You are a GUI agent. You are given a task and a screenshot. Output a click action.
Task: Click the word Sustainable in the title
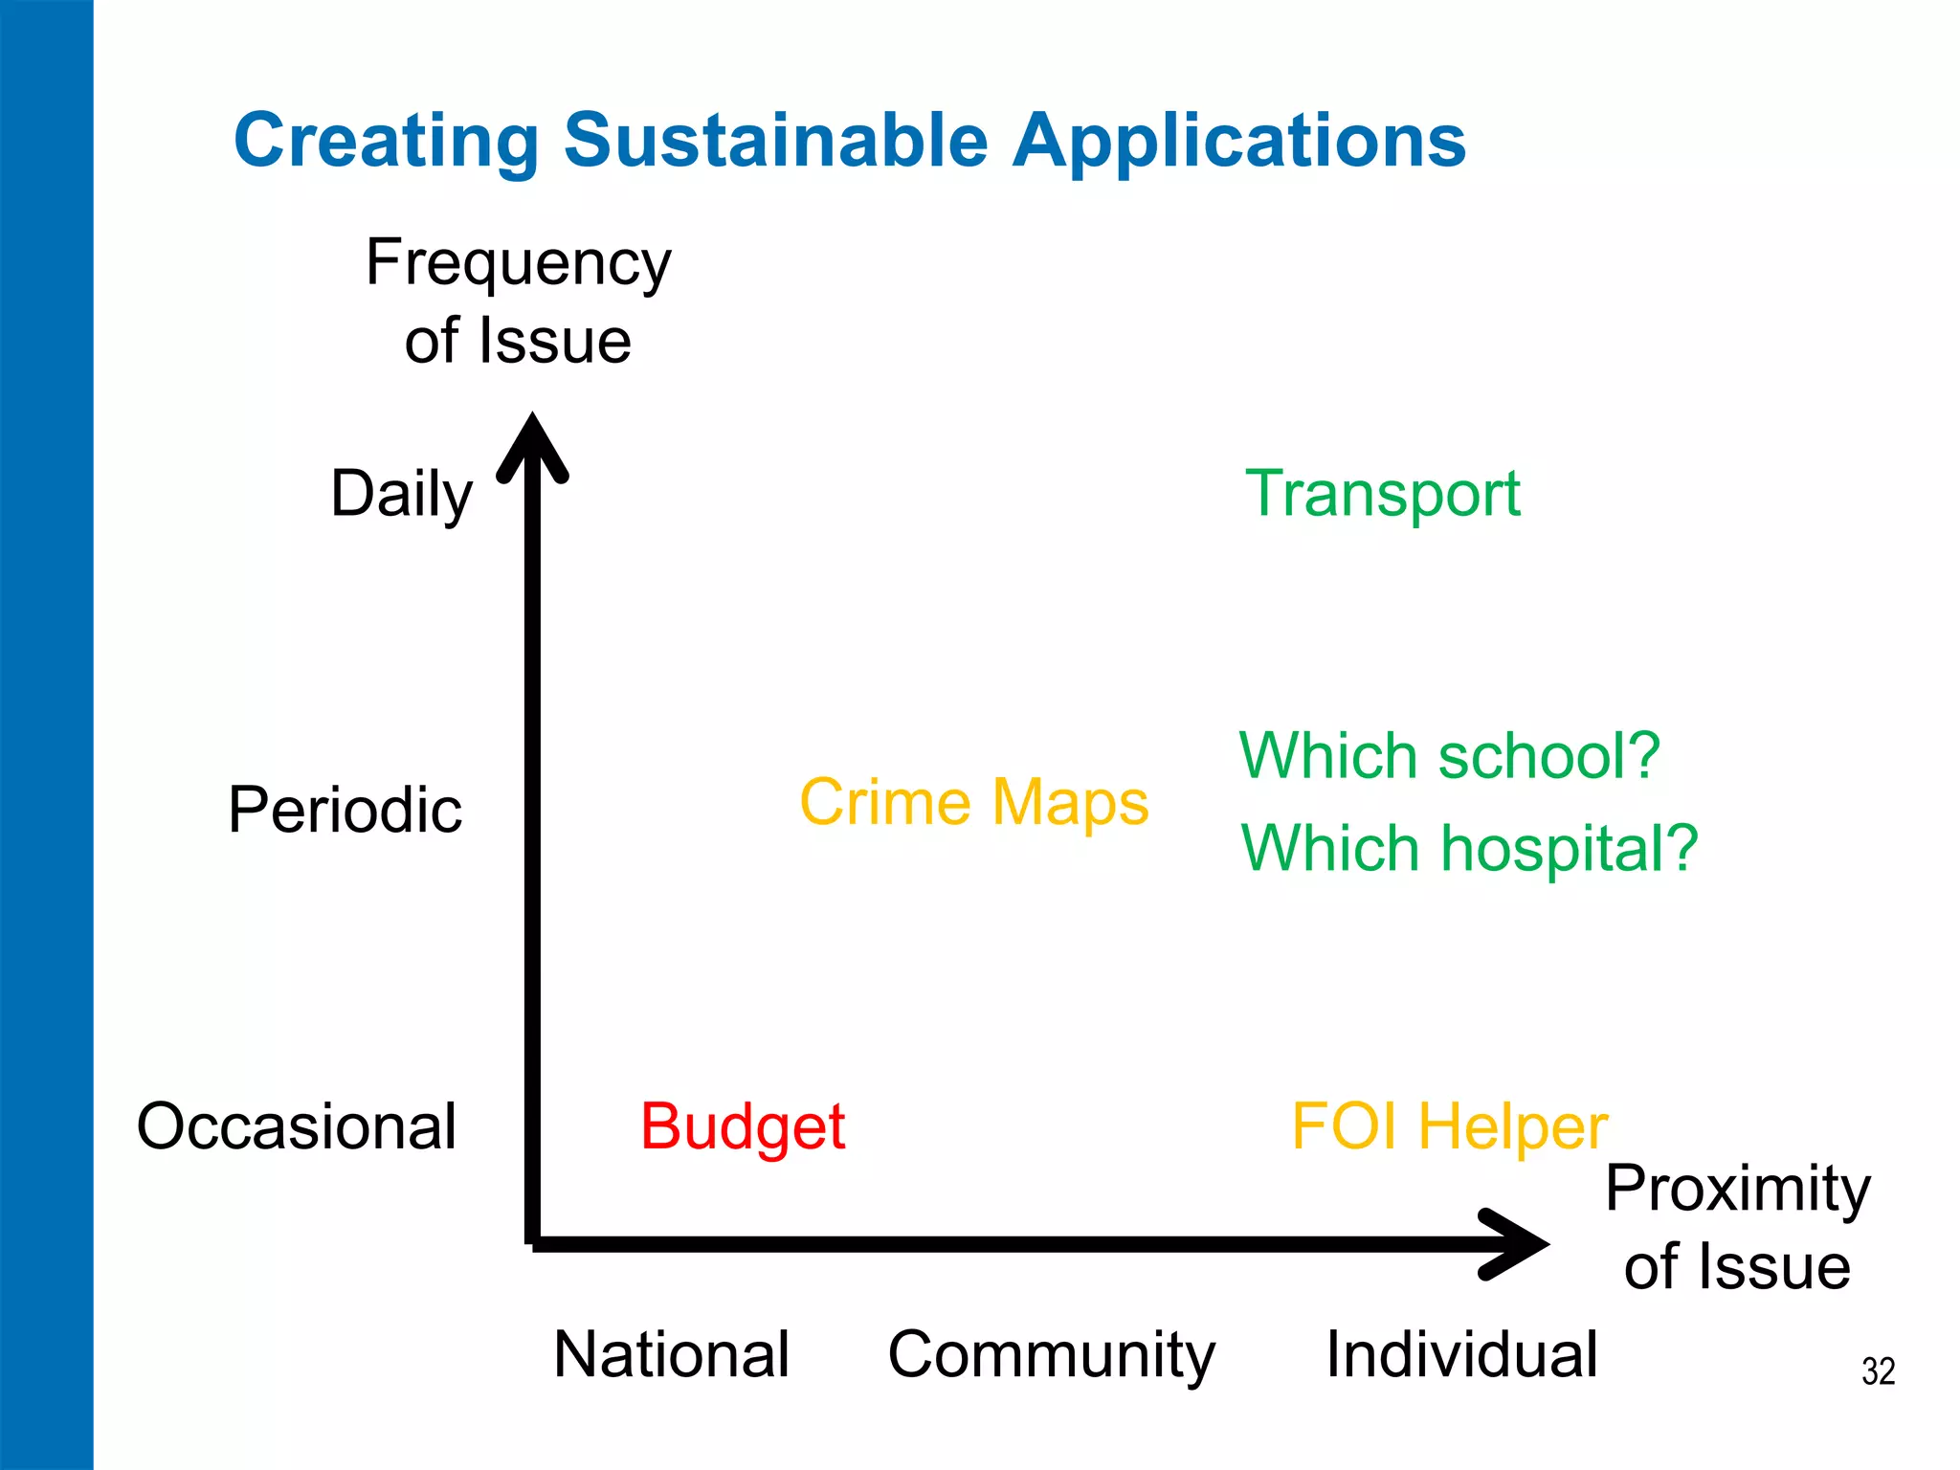(x=775, y=141)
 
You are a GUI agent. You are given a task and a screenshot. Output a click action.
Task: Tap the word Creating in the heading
(x=387, y=141)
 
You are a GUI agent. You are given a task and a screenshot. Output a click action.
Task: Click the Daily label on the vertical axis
(x=401, y=494)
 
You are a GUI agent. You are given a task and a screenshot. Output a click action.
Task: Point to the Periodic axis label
(x=345, y=810)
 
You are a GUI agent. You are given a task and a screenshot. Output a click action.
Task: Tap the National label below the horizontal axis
(x=671, y=1354)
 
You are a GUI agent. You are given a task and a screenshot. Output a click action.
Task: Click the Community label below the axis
(x=1051, y=1354)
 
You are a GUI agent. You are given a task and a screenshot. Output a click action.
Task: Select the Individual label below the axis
(x=1461, y=1354)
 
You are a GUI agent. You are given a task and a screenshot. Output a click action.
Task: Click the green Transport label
(x=1382, y=494)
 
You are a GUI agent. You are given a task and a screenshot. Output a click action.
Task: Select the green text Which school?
(x=1449, y=756)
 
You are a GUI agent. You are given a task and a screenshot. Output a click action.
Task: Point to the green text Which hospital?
(x=1469, y=849)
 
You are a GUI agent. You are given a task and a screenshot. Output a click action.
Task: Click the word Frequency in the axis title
(x=518, y=263)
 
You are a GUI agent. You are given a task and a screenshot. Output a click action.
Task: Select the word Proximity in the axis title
(x=1737, y=1189)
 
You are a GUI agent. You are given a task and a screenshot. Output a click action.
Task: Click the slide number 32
(x=1878, y=1371)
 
